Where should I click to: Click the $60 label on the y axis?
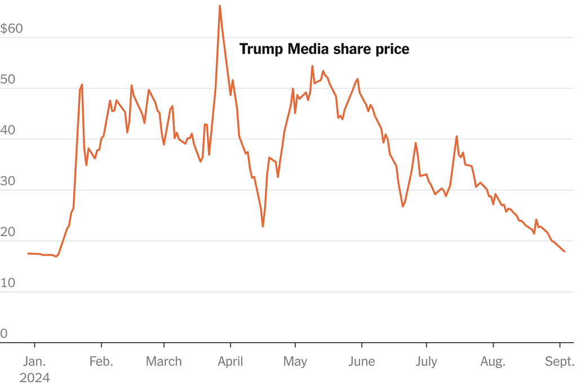tap(12, 29)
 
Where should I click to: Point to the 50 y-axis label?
tap(8, 79)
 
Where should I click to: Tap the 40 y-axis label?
tap(8, 130)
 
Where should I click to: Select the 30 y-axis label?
tap(8, 181)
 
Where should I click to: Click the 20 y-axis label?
tap(8, 232)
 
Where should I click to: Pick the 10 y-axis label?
tap(7, 283)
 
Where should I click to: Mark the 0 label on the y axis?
tap(4, 334)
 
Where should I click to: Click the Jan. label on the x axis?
tap(34, 361)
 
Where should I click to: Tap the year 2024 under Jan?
tap(34, 377)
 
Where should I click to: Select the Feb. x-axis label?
tap(101, 361)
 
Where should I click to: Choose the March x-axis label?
tap(164, 361)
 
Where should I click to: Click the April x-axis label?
tap(230, 361)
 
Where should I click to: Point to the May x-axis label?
tap(295, 361)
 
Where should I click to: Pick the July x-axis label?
tap(426, 361)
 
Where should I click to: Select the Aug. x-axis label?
tap(493, 361)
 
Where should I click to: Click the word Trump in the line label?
tap(261, 50)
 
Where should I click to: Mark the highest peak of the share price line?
tap(219, 6)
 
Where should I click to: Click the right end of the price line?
tap(565, 251)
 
